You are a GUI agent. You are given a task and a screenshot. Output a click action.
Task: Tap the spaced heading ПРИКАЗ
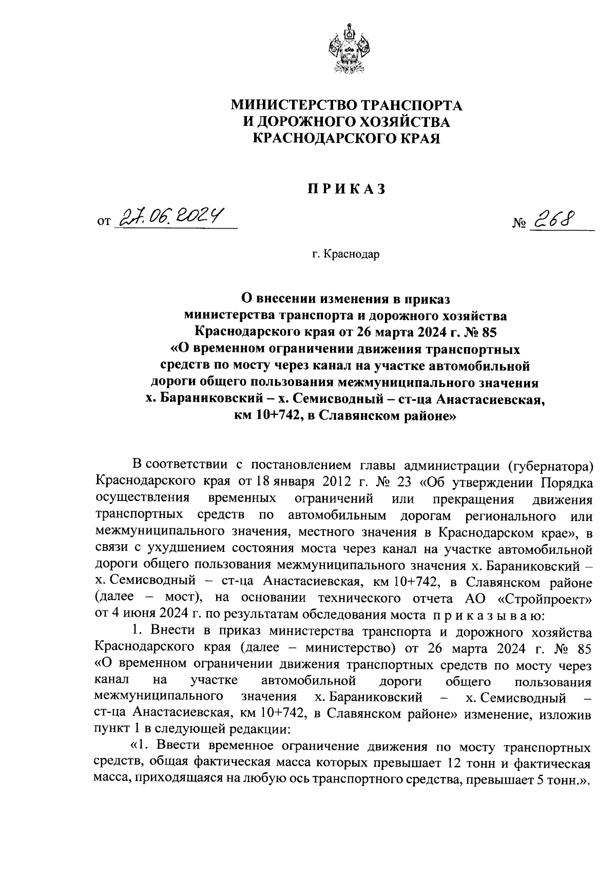click(x=346, y=190)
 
